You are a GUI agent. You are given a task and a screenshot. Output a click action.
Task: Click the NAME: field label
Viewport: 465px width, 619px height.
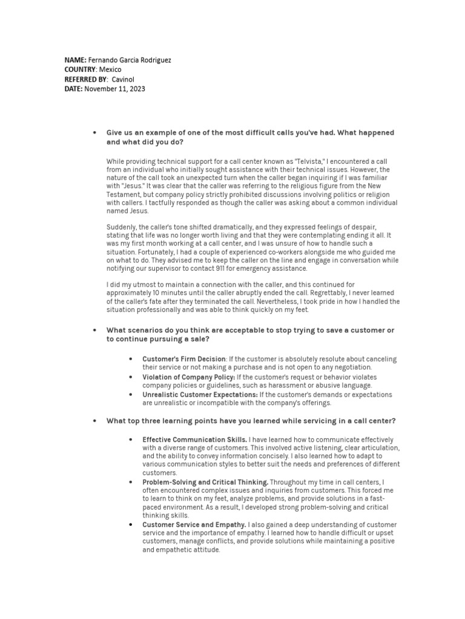(x=76, y=60)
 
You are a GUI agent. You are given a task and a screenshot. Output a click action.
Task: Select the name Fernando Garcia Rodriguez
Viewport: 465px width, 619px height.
(x=130, y=60)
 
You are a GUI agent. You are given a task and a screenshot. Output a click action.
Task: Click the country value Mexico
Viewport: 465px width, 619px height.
(x=110, y=70)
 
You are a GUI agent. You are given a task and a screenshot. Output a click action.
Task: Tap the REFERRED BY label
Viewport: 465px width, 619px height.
(x=86, y=79)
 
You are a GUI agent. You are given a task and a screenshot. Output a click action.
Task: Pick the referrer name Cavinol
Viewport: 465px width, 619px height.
(x=124, y=79)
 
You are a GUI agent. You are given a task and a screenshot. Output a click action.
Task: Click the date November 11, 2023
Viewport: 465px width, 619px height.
(x=114, y=89)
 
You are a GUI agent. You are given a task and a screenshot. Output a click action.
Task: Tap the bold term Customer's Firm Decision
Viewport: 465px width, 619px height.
(x=183, y=359)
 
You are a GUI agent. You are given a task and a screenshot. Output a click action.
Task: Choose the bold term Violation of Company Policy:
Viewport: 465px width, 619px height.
(x=188, y=377)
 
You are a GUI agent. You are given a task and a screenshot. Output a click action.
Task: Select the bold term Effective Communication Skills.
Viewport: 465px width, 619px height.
(x=194, y=439)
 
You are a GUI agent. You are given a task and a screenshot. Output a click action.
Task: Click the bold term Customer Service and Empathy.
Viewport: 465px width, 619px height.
(x=194, y=525)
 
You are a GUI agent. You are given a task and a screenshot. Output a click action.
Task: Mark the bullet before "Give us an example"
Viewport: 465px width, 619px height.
(x=94, y=132)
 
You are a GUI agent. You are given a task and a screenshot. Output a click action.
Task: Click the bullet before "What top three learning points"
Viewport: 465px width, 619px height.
(x=94, y=421)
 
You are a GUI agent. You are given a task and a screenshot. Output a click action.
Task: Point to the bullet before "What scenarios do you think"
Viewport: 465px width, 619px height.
(x=94, y=330)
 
